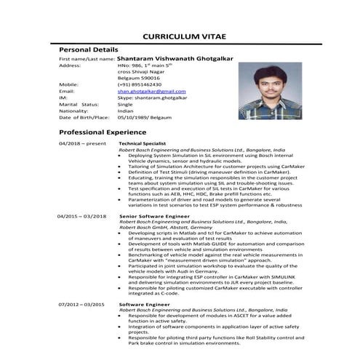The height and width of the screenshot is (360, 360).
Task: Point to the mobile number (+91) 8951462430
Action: pyautogui.click(x=141, y=84)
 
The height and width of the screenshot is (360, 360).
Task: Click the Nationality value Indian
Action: pyautogui.click(x=125, y=111)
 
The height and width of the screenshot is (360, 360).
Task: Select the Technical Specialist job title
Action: pyautogui.click(x=143, y=144)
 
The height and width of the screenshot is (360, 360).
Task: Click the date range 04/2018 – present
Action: pyautogui.click(x=81, y=144)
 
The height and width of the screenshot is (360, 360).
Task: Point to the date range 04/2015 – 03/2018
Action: pyautogui.click(x=82, y=216)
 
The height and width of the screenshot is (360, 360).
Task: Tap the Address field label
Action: pyautogui.click(x=70, y=65)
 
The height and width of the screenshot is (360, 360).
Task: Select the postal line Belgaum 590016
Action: pyautogui.click(x=138, y=78)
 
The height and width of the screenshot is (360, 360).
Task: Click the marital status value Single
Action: pyautogui.click(x=125, y=104)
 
